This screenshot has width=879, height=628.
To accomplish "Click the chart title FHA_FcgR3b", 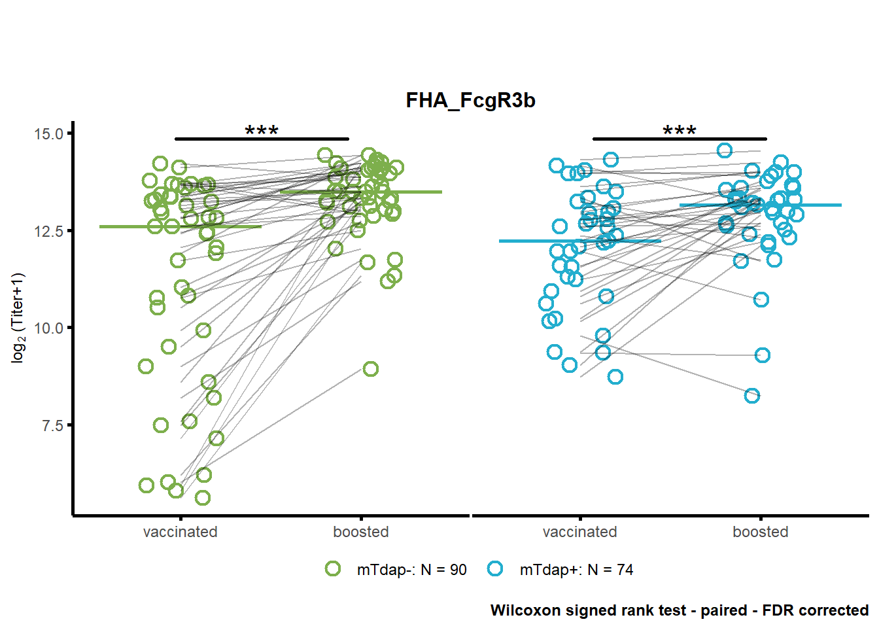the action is (x=470, y=101).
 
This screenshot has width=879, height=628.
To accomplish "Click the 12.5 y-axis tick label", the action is (x=48, y=231).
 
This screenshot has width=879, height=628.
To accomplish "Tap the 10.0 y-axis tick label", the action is (x=48, y=328).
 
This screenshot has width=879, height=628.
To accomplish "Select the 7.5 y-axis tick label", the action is (x=52, y=425).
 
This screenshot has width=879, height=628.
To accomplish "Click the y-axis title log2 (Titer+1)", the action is (x=18, y=318).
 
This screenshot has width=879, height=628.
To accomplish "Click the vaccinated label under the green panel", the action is (x=180, y=532).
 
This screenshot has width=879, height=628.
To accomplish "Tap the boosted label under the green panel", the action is (x=361, y=532).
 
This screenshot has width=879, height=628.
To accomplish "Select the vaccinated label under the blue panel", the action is (x=580, y=532).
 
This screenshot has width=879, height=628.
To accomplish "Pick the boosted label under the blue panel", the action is (x=761, y=532).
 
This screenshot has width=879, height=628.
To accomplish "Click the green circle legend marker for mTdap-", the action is (x=333, y=568).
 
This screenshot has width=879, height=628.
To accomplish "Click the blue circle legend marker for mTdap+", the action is (x=495, y=568).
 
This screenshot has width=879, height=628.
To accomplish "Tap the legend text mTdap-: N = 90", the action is (x=411, y=570).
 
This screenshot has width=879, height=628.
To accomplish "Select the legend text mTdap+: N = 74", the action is (x=576, y=570).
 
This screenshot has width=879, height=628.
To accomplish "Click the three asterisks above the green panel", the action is (x=262, y=130).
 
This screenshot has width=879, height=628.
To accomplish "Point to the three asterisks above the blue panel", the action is (x=680, y=130).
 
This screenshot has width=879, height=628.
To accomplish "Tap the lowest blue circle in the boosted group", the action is (x=752, y=396).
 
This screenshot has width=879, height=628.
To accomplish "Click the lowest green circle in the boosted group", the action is (x=370, y=369).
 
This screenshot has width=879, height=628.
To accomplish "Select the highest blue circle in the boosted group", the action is (x=725, y=150).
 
